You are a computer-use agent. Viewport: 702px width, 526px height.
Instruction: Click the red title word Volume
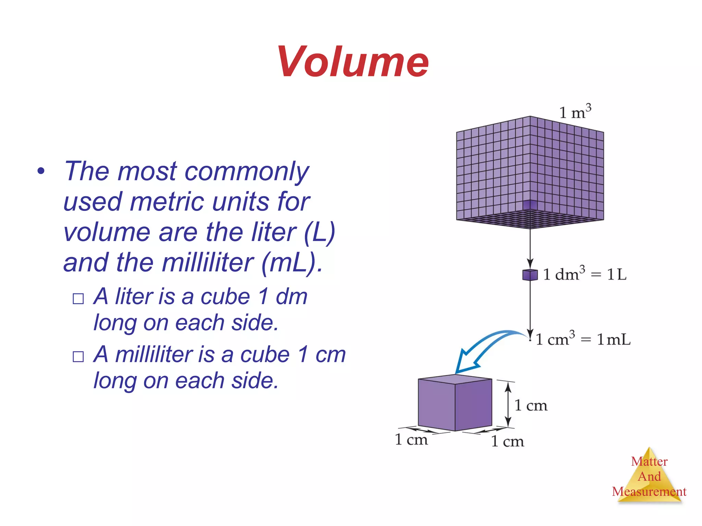(x=353, y=62)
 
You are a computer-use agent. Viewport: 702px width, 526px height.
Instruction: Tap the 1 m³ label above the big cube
(x=575, y=112)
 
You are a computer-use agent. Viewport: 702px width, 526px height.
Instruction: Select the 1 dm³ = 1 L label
(x=585, y=274)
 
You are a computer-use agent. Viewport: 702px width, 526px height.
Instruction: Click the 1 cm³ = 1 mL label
(x=583, y=339)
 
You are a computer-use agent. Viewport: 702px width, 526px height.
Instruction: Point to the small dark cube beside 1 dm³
(x=530, y=275)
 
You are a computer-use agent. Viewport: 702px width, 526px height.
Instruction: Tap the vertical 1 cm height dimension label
(x=531, y=405)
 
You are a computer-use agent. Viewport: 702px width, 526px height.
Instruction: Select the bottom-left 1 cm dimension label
(x=411, y=440)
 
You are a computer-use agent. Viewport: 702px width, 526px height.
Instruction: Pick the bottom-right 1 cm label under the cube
(x=507, y=441)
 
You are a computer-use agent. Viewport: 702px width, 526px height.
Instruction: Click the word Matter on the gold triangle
(x=649, y=461)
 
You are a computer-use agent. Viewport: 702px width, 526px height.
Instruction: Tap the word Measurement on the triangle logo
(x=649, y=492)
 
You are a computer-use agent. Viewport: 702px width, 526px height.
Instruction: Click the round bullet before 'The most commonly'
(x=41, y=171)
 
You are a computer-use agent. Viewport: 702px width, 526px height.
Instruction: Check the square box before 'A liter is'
(x=78, y=299)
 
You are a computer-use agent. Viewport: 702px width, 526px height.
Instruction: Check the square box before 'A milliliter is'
(x=78, y=356)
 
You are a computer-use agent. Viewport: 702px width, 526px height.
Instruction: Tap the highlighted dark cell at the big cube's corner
(x=530, y=205)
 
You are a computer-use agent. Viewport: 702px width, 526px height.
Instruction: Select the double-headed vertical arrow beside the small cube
(x=508, y=405)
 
